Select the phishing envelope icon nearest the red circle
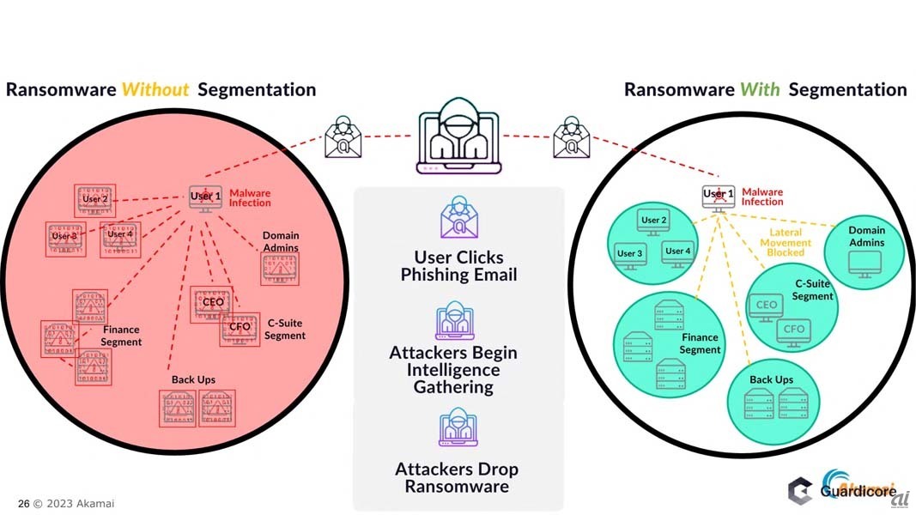343,137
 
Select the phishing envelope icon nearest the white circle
571,137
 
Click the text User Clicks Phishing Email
458,266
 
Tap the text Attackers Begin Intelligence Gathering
452,370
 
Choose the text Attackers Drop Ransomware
456,478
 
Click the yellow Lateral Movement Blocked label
785,243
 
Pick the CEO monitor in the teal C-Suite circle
766,306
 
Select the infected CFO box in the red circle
240,329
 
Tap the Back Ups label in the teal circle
771,380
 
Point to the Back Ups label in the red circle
193,379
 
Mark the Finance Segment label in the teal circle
700,343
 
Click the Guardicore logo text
857,492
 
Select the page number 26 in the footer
23,504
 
